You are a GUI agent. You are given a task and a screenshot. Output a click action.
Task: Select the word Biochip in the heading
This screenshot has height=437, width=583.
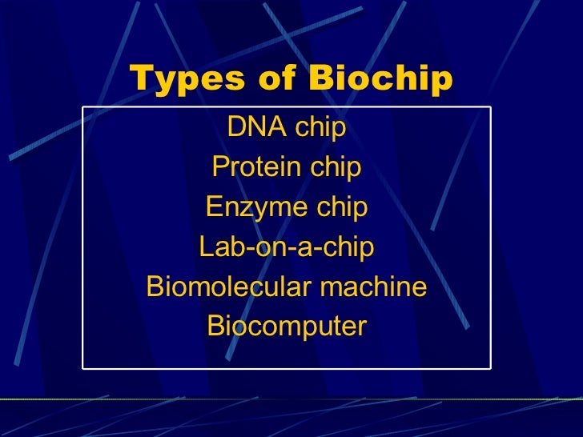pyautogui.click(x=381, y=80)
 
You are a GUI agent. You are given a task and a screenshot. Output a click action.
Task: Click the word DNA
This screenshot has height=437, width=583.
pyautogui.click(x=255, y=127)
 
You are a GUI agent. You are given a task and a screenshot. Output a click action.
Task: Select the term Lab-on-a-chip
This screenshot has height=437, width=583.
pyautogui.click(x=287, y=247)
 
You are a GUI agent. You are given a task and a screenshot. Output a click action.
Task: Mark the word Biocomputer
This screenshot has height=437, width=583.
pyautogui.click(x=287, y=327)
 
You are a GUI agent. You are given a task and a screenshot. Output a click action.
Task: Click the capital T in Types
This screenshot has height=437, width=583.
pyautogui.click(x=139, y=80)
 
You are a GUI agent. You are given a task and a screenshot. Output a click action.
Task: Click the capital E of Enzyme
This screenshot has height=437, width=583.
pyautogui.click(x=213, y=207)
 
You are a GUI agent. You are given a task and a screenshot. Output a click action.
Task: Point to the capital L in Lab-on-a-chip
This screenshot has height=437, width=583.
pyautogui.click(x=205, y=247)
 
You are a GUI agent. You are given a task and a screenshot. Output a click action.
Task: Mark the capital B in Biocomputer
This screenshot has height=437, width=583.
pyautogui.click(x=215, y=327)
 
